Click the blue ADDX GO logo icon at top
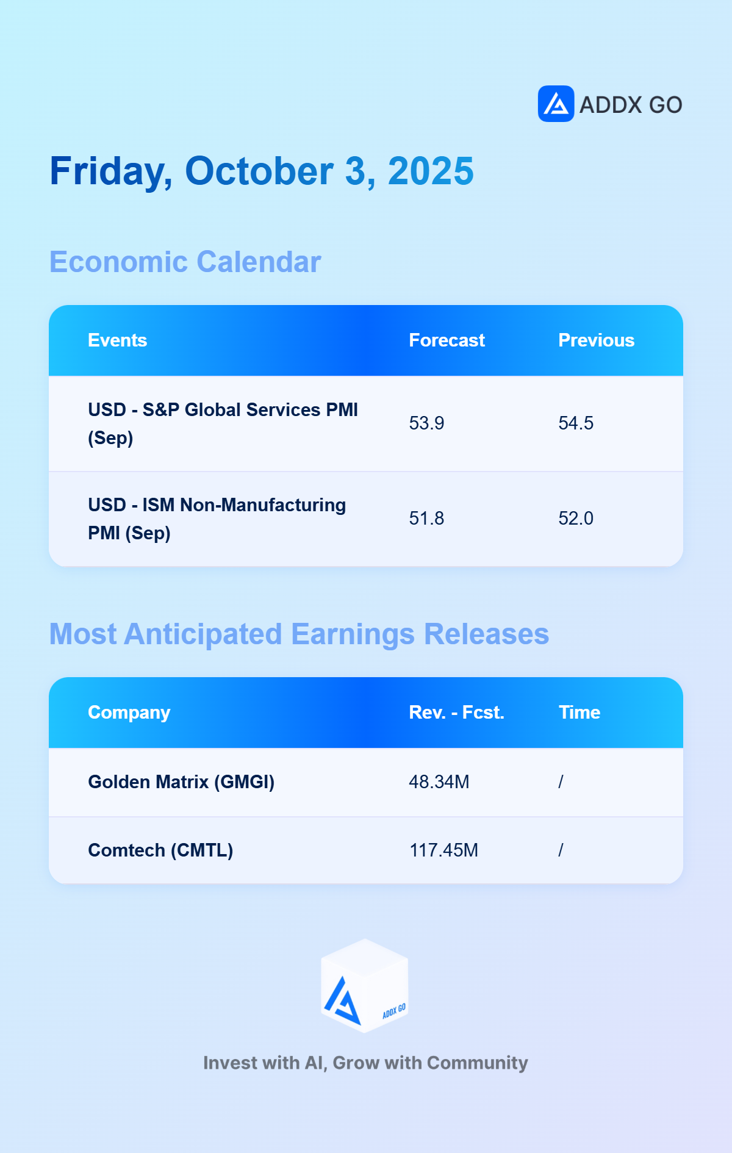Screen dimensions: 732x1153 (x=556, y=104)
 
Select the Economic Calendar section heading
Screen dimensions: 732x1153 (x=185, y=262)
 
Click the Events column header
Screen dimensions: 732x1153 (x=118, y=340)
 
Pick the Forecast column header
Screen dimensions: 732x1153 (x=447, y=340)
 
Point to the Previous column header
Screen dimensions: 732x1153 (x=597, y=340)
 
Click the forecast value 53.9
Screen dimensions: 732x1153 (x=426, y=423)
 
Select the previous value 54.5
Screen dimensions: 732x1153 (x=576, y=423)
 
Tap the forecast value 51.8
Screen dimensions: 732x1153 (x=426, y=519)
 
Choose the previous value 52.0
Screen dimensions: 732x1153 (x=576, y=519)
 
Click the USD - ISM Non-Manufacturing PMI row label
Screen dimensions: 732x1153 (x=217, y=519)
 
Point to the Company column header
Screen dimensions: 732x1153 (x=129, y=713)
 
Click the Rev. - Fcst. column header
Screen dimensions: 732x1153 (x=457, y=713)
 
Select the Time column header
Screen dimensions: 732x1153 (x=579, y=713)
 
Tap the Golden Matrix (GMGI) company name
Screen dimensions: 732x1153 (x=181, y=782)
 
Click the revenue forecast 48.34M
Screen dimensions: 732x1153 (x=439, y=782)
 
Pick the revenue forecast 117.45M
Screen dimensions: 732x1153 (x=443, y=850)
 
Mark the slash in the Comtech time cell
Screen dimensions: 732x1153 (x=561, y=850)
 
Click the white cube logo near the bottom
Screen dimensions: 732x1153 (x=365, y=986)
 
